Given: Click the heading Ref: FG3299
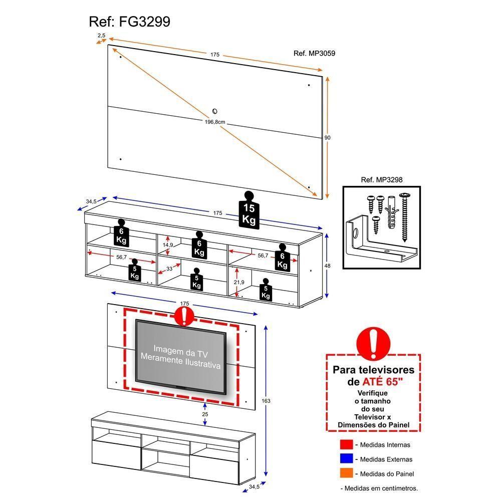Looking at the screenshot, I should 129,22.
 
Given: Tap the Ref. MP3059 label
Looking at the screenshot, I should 314,54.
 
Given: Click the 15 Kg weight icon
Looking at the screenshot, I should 249,212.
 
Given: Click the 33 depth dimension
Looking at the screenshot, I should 169,269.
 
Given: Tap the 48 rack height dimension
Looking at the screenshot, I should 328,267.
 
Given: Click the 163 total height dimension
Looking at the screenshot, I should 266,401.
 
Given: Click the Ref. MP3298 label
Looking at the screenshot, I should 382,179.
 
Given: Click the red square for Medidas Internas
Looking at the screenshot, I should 346,444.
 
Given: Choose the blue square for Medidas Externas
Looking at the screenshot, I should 346,459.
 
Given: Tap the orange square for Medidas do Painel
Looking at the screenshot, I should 346,473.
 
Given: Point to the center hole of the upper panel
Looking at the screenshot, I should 214,111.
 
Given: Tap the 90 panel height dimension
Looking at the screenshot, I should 328,137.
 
